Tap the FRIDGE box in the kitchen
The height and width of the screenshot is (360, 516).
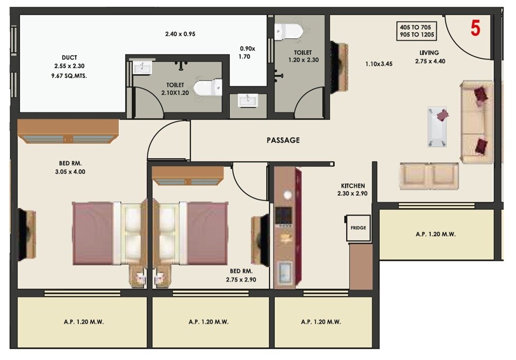click(x=358, y=227)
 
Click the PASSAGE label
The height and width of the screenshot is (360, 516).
click(x=283, y=140)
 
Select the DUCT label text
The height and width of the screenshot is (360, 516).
click(x=69, y=58)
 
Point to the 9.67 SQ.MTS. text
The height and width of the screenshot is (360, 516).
click(x=69, y=76)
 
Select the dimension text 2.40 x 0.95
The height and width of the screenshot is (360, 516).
click(x=179, y=34)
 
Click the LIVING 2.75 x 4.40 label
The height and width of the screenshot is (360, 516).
click(x=429, y=57)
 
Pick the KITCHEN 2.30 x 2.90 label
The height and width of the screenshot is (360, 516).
click(x=353, y=190)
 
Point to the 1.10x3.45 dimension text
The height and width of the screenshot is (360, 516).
click(x=379, y=64)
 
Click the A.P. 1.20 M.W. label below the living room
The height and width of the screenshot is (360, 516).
click(x=436, y=234)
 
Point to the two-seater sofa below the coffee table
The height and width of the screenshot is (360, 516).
click(x=428, y=175)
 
